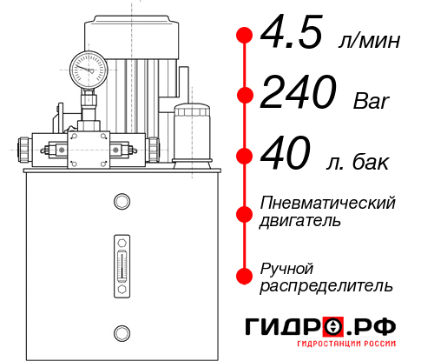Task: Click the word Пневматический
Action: pos(328,203)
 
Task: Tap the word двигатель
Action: pos(300,221)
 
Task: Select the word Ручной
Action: pos(286,267)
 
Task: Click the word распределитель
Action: pos(326,285)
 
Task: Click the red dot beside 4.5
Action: pos(245,35)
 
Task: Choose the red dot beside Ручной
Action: pos(245,275)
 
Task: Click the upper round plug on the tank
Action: pos(121,203)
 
